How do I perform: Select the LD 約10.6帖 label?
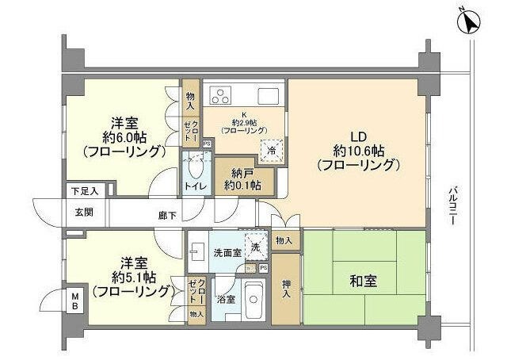(356, 150)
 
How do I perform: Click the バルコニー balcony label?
(452, 208)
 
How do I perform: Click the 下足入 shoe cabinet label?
(82, 190)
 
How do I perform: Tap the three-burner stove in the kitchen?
(219, 97)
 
